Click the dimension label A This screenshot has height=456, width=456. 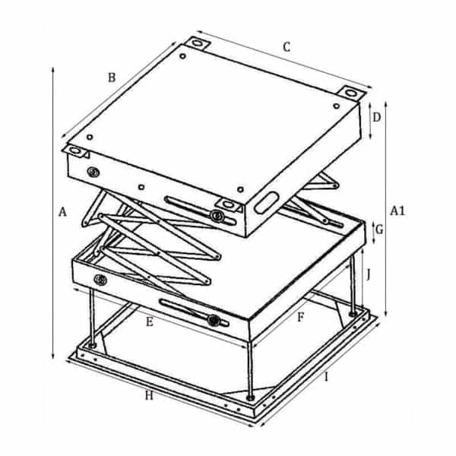[62, 212]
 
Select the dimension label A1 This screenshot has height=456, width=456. [397, 211]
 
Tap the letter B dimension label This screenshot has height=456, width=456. [112, 78]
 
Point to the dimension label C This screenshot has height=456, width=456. [287, 47]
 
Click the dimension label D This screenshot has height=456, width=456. [377, 118]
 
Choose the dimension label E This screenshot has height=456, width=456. [149, 321]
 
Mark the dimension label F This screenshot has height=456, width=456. [301, 318]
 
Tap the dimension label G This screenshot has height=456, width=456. [379, 230]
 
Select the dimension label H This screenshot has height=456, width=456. [149, 395]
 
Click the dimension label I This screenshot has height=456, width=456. [326, 377]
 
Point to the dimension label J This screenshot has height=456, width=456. [369, 274]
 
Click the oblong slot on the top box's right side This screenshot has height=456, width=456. [267, 202]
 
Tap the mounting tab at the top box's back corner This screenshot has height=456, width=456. [198, 43]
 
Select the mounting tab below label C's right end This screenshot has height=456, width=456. [351, 93]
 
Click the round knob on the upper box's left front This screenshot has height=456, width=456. [93, 173]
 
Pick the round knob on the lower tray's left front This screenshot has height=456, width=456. [100, 280]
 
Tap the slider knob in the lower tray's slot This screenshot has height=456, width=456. [214, 320]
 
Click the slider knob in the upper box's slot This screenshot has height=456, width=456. [217, 216]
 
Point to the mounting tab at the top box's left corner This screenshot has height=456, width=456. [75, 151]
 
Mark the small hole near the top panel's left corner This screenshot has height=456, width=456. [90, 137]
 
